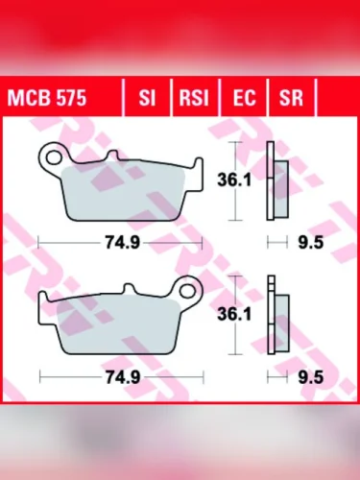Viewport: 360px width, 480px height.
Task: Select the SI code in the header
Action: [147, 99]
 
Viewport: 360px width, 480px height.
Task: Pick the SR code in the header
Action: [290, 99]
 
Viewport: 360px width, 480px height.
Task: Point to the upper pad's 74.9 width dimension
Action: [122, 244]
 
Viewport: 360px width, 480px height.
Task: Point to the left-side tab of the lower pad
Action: [45, 307]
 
